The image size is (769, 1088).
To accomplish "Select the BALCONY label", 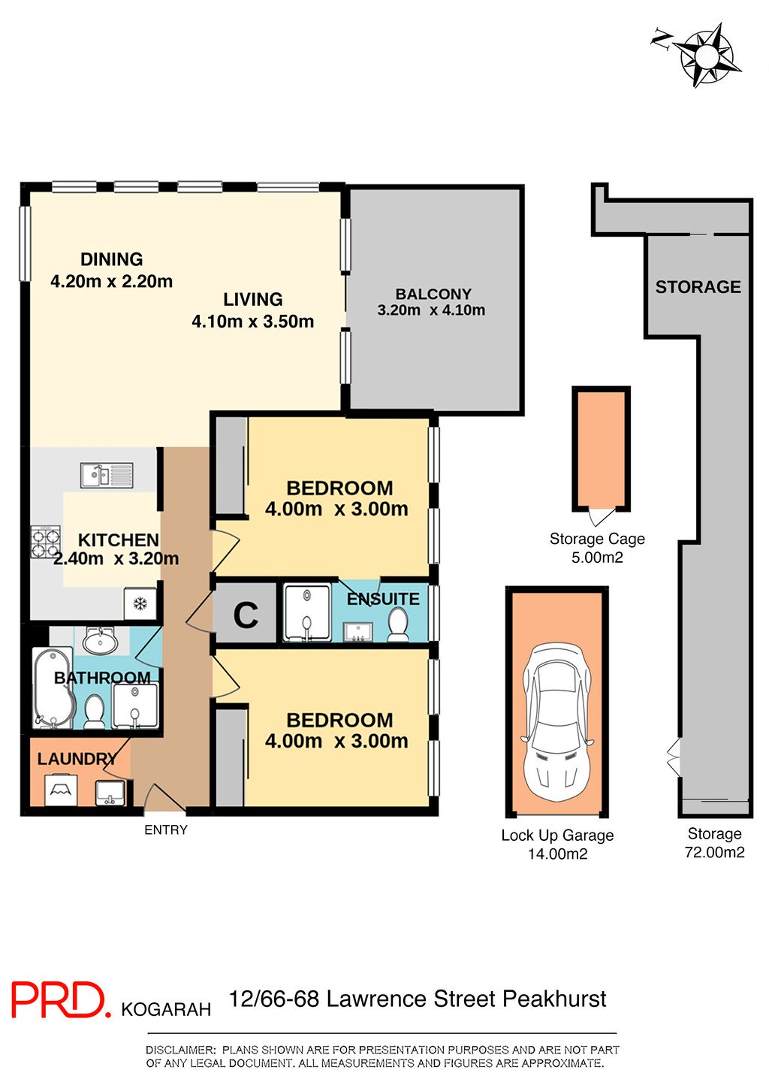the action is [433, 294].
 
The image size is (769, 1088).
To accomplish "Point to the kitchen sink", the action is [107, 475].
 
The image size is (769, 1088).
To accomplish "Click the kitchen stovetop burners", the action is [46, 541].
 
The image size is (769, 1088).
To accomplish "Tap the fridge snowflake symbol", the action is [140, 604].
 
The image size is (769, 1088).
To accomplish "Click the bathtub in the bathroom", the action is [53, 687].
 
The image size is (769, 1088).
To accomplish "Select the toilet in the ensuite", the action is [397, 624].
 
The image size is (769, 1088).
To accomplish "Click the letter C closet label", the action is [246, 615].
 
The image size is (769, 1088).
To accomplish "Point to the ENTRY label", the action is [166, 830].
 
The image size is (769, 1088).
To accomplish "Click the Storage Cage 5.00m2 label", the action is [597, 548].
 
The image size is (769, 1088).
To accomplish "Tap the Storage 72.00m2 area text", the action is [715, 843].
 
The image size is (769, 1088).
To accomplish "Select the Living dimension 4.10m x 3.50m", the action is [253, 322].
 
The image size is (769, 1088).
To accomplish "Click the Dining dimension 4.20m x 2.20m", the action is [112, 281].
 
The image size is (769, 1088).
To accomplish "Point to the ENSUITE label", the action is [383, 599].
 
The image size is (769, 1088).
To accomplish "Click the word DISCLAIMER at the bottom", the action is [180, 1050].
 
